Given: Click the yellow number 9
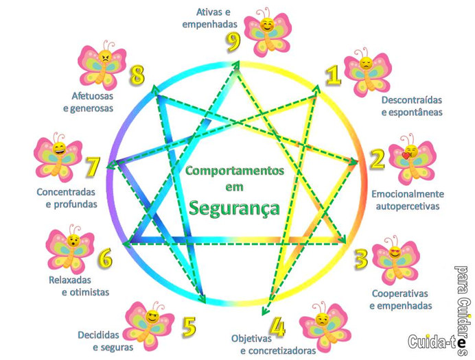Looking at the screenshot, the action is (234, 43).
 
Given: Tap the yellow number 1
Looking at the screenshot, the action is (333, 74).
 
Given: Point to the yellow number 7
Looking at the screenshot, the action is (93, 167).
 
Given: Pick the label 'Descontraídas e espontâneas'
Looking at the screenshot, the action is (411, 106).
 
